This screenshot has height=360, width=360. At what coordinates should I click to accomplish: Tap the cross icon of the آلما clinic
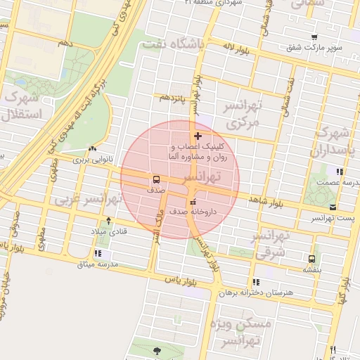tap(198, 136)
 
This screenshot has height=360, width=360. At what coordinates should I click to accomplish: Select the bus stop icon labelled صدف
tap(155, 179)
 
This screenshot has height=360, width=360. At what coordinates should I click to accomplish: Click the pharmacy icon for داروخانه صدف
tap(193, 202)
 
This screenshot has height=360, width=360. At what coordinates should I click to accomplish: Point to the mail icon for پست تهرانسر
tap(333, 207)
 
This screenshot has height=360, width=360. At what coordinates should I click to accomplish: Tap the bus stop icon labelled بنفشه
tap(311, 258)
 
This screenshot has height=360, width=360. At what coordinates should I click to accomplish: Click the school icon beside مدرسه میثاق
tap(97, 253)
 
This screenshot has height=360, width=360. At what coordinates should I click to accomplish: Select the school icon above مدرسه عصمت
tap(339, 172)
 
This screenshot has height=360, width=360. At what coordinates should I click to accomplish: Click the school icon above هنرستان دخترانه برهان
tap(255, 281)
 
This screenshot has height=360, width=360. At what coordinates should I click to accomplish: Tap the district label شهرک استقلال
tap(23, 105)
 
